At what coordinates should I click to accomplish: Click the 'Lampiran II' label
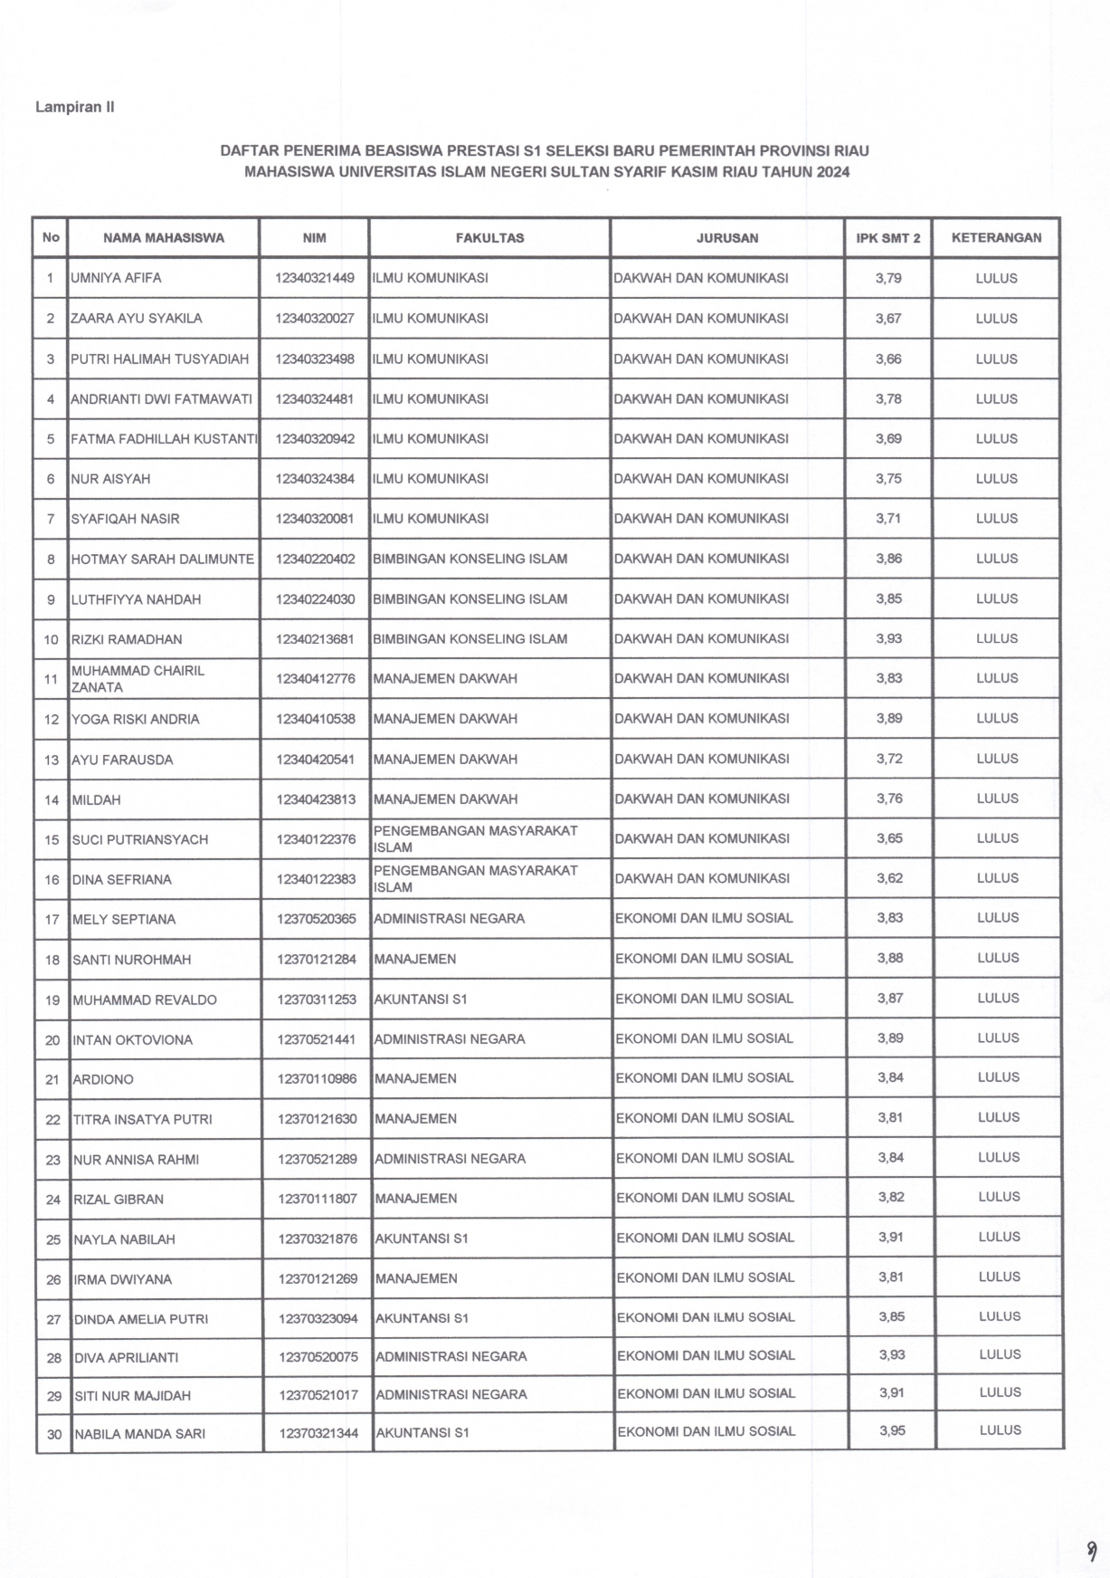click(x=74, y=107)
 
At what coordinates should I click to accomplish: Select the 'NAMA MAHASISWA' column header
click(x=164, y=238)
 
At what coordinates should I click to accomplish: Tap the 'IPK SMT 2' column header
click(x=888, y=238)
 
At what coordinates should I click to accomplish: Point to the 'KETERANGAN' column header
click(x=996, y=238)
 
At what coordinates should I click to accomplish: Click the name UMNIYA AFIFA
click(x=117, y=279)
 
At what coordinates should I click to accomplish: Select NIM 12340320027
click(x=315, y=319)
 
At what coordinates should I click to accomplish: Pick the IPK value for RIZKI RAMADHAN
click(x=888, y=639)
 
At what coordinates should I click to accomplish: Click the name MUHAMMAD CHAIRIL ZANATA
click(x=138, y=679)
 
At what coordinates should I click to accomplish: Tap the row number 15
click(x=52, y=840)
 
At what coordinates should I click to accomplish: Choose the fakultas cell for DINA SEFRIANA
click(x=475, y=879)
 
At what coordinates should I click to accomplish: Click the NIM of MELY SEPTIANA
click(x=317, y=919)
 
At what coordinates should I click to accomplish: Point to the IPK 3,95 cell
click(x=891, y=1431)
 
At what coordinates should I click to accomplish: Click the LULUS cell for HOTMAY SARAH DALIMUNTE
click(x=996, y=559)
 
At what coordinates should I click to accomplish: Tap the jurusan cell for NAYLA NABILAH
click(x=705, y=1238)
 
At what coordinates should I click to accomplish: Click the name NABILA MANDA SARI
click(x=139, y=1434)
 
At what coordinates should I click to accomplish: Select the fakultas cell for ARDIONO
click(x=415, y=1079)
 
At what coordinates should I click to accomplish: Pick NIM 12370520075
click(x=318, y=1357)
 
